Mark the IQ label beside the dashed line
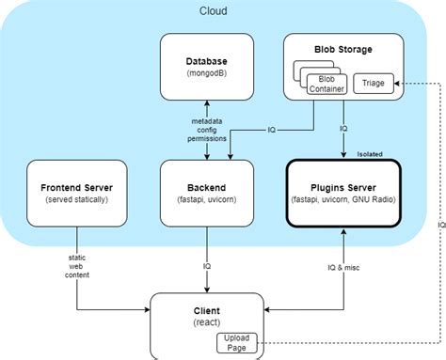439,226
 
